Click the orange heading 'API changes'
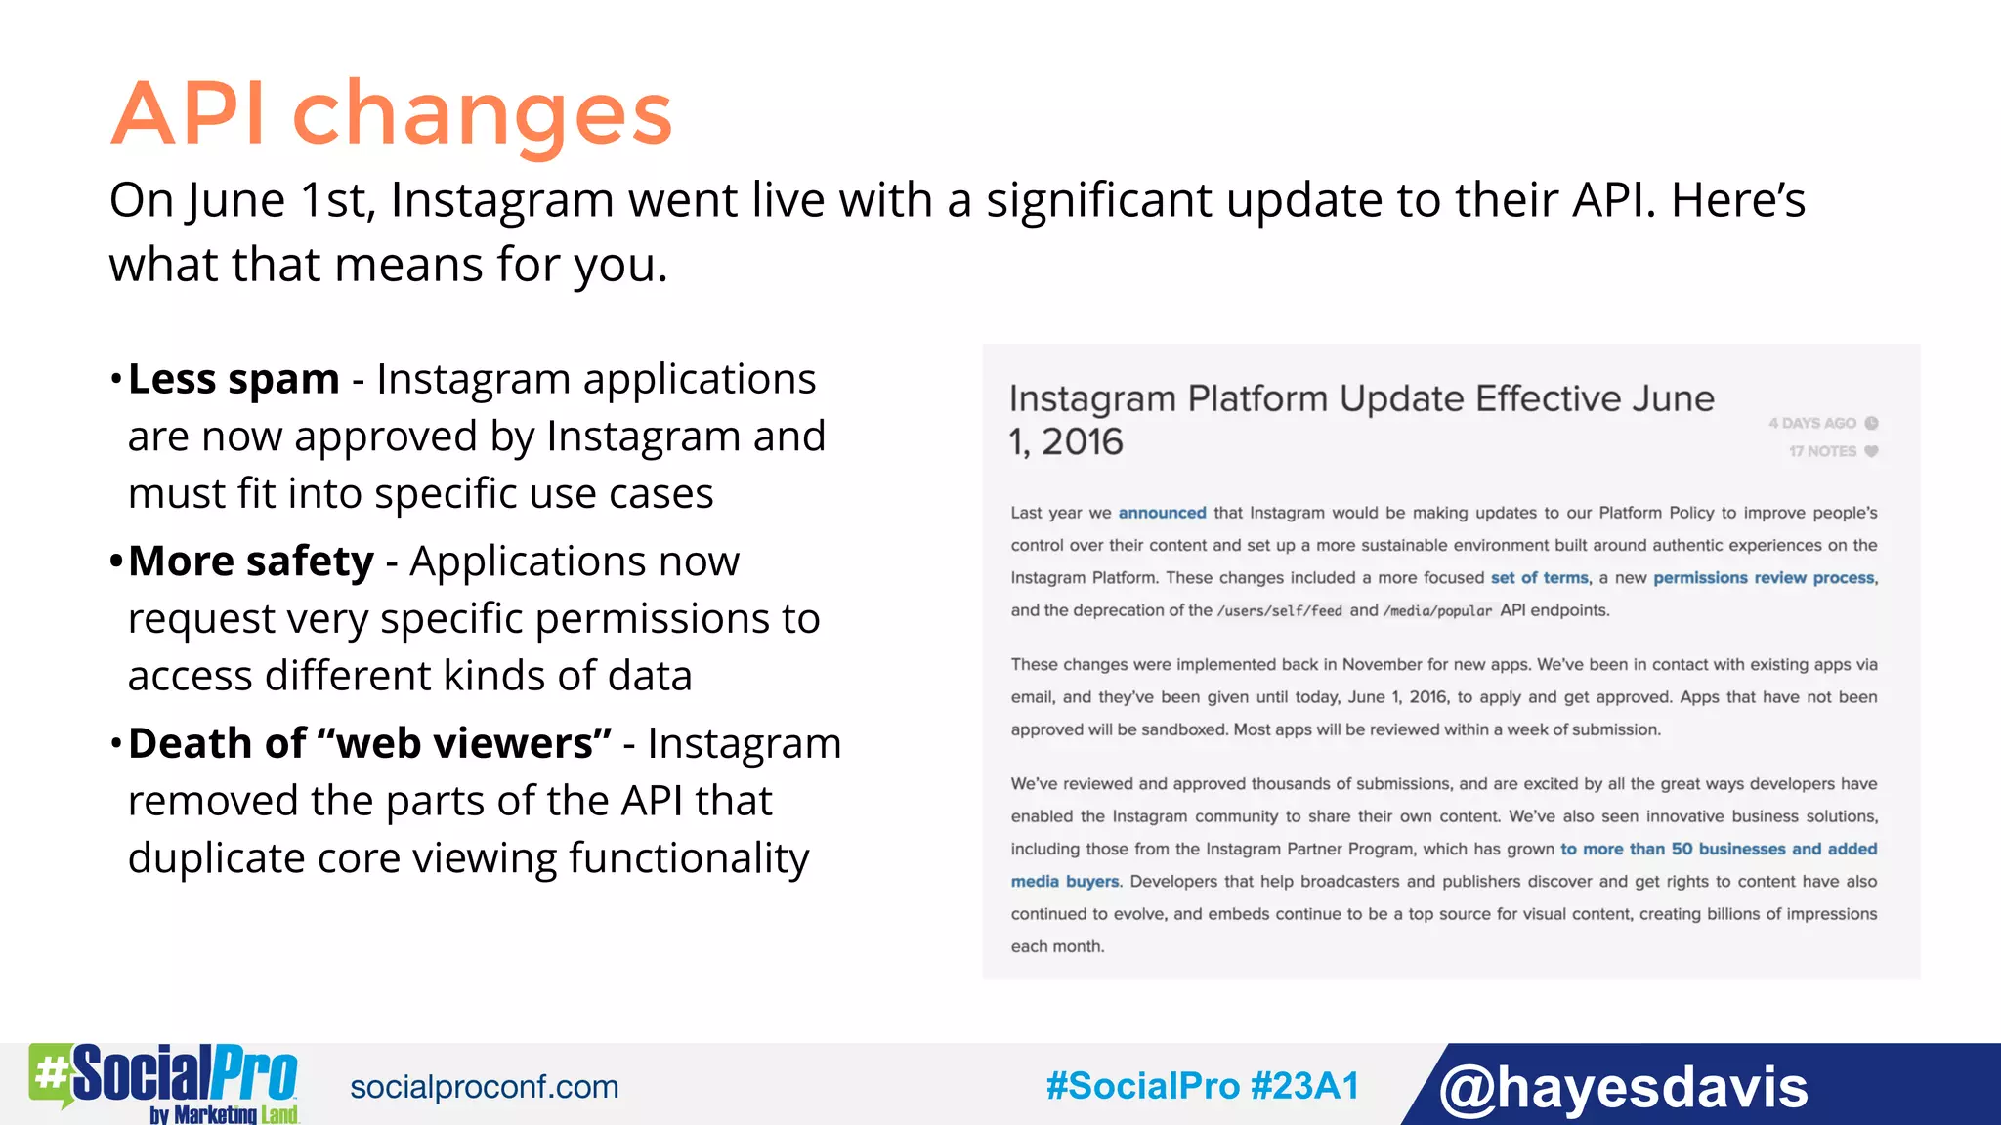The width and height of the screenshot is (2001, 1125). (x=391, y=114)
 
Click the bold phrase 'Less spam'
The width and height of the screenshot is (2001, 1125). (x=234, y=379)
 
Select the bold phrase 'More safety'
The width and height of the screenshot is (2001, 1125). (x=251, y=562)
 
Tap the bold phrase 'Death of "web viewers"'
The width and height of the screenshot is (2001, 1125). (x=369, y=743)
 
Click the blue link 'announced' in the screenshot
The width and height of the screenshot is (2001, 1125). (x=1162, y=513)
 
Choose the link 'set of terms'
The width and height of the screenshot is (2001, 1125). (x=1539, y=578)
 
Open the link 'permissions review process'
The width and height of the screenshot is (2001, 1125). (x=1764, y=578)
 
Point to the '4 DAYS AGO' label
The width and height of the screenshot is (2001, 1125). (x=1812, y=423)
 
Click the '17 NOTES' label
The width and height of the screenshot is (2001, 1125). (x=1823, y=451)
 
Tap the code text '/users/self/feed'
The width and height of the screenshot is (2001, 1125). (x=1279, y=611)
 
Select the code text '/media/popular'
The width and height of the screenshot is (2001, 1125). (x=1437, y=611)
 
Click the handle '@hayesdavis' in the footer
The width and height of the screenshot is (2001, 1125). (x=1623, y=1086)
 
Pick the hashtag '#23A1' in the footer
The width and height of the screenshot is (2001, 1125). (x=1305, y=1086)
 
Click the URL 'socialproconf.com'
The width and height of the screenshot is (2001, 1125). (x=485, y=1087)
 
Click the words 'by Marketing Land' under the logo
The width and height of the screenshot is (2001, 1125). (x=224, y=1114)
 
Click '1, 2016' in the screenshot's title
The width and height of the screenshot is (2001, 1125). (x=1066, y=442)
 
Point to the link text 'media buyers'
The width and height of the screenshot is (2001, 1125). (x=1065, y=882)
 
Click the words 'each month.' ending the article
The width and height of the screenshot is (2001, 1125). (x=1057, y=946)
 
